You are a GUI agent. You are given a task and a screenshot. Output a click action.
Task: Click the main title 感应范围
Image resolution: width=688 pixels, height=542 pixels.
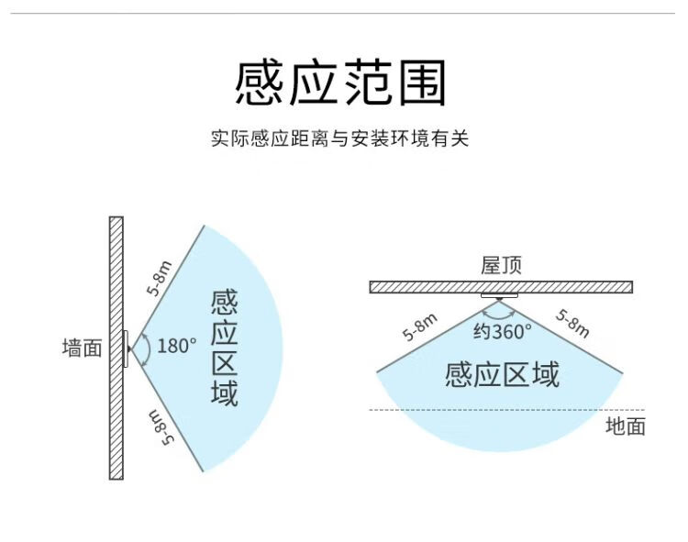tap(340, 83)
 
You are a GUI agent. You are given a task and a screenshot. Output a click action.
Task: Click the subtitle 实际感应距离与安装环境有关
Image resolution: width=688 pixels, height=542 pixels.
tap(340, 138)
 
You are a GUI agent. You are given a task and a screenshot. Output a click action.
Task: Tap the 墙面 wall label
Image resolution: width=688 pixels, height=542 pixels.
tap(82, 348)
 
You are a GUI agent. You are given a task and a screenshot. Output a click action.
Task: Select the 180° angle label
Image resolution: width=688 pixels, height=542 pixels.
tap(176, 346)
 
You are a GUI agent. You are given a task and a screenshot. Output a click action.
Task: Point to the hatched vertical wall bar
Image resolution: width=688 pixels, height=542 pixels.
tap(117, 348)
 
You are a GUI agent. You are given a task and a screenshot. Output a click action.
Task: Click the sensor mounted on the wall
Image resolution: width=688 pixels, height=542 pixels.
tap(127, 349)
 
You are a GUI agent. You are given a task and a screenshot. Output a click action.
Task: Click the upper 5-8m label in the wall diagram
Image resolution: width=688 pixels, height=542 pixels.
tap(159, 278)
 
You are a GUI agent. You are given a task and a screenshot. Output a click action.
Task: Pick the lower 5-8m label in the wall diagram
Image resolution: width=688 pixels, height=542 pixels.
tap(161, 428)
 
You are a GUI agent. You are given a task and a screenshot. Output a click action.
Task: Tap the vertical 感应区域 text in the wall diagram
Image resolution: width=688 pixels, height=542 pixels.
tap(224, 348)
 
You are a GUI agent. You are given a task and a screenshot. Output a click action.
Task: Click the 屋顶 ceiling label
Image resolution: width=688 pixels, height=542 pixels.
tap(501, 265)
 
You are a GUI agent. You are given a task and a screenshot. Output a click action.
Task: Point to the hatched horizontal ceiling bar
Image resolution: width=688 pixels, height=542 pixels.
tap(501, 287)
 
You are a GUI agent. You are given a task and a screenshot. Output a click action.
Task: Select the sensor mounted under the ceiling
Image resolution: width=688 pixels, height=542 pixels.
tap(499, 296)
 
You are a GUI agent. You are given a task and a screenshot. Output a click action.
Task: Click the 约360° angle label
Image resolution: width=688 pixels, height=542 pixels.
tap(503, 331)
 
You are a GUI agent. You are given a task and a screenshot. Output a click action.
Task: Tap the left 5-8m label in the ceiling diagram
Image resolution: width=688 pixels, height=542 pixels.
tap(420, 326)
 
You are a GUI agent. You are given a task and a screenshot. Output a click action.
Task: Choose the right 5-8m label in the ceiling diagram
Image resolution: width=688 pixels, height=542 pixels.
tap(572, 324)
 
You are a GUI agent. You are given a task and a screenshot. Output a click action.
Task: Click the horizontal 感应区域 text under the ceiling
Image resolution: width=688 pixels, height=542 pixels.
tap(503, 374)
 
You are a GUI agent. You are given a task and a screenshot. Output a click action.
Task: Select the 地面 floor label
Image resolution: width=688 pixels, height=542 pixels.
tap(626, 426)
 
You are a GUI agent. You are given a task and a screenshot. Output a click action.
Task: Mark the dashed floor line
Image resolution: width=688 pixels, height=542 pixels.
tap(506, 410)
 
